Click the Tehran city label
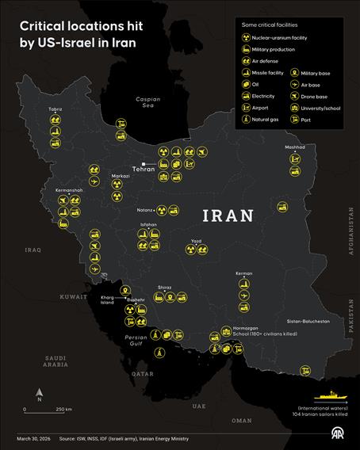[143, 169]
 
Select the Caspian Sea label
[147, 103]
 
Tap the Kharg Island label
[112, 298]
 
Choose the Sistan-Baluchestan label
[308, 322]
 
